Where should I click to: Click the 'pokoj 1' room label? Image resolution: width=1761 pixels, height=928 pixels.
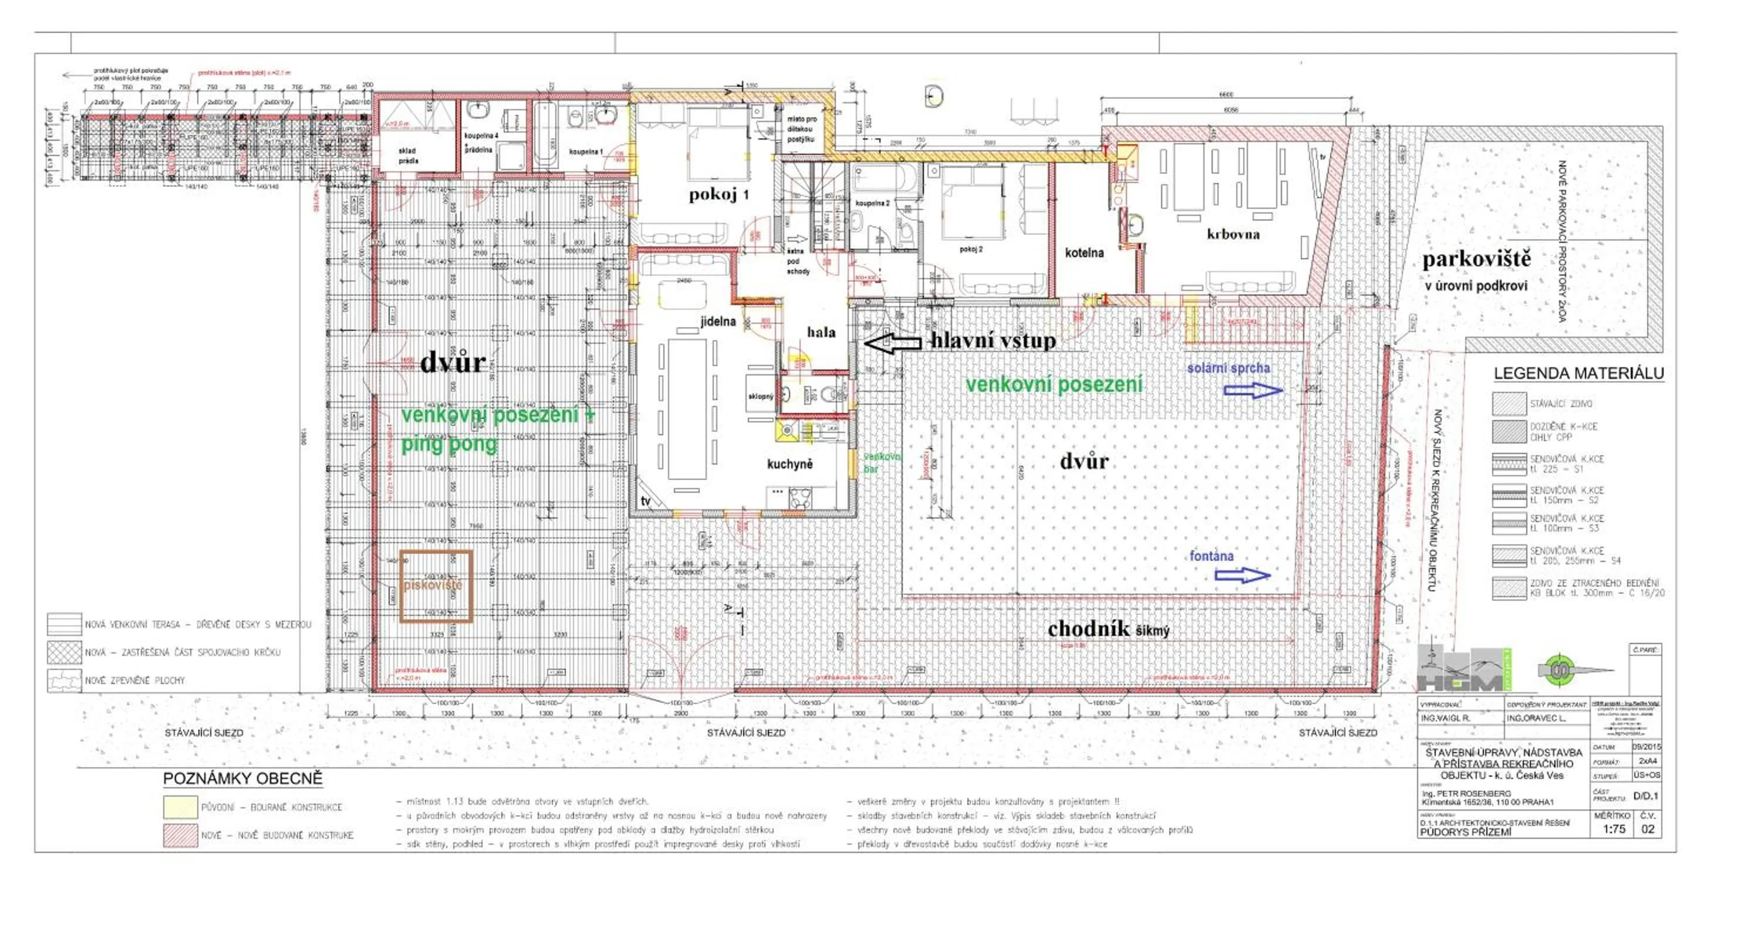tap(718, 195)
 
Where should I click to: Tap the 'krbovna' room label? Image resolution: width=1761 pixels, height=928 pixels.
tap(1233, 235)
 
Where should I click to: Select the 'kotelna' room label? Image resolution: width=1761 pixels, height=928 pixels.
tap(1084, 253)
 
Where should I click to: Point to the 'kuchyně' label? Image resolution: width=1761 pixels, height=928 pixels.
tap(790, 465)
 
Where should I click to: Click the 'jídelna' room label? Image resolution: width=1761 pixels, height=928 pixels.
tap(718, 321)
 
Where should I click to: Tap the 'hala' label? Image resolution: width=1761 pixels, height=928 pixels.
tap(821, 333)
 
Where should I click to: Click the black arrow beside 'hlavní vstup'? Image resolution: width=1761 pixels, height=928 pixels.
tap(893, 343)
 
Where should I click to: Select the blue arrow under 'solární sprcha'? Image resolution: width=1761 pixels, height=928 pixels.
tap(1253, 391)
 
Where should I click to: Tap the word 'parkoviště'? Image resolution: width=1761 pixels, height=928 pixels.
tap(1477, 260)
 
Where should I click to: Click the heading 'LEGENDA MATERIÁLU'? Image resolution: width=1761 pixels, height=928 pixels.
tap(1578, 374)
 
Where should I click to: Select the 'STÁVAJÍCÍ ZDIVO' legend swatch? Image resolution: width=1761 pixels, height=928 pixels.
tap(1509, 404)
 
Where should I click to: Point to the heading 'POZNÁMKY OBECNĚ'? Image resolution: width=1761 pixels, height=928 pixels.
tap(242, 779)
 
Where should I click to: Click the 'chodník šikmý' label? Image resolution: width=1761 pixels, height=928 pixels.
tap(1108, 629)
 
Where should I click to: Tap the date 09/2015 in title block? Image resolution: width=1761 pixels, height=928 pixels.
tap(1646, 747)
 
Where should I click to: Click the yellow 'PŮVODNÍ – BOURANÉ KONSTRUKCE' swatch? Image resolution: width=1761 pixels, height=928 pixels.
tap(180, 807)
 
